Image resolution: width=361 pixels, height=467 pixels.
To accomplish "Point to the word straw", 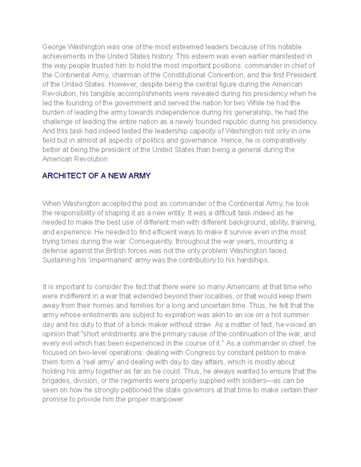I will point(205,324).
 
